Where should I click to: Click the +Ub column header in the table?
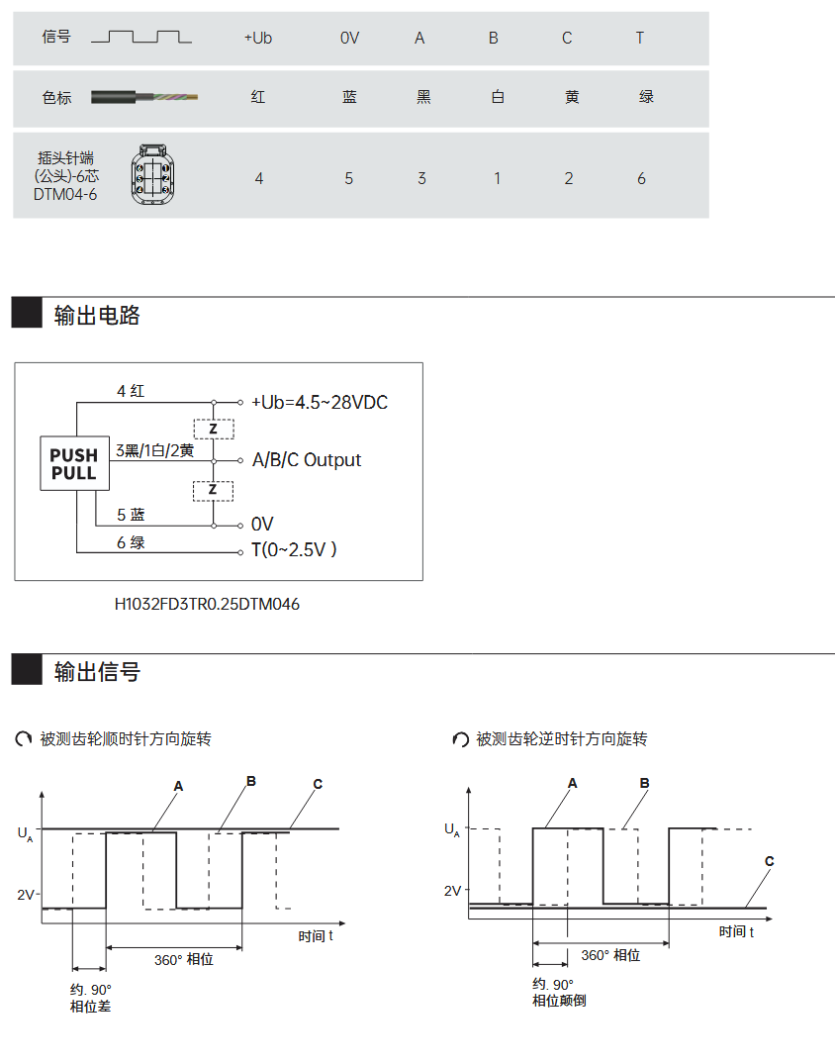point(257,39)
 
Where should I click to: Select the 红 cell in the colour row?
point(258,97)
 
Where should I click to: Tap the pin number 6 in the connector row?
point(641,178)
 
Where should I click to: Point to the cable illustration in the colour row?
point(144,97)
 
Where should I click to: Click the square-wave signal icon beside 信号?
point(140,38)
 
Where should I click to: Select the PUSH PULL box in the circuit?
point(74,463)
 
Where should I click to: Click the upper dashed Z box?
point(213,429)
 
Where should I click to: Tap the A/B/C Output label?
point(307,460)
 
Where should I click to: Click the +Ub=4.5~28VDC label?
point(319,403)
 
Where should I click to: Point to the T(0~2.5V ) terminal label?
point(294,550)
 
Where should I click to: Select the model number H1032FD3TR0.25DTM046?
point(207,604)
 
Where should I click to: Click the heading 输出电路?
point(97,316)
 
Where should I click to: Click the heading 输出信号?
point(97,672)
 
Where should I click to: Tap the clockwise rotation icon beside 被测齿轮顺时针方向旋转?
point(24,739)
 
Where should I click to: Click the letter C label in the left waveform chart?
point(318,784)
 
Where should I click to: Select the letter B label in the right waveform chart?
point(644,783)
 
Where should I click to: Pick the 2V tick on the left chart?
point(26,895)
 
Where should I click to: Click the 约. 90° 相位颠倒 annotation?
point(559,993)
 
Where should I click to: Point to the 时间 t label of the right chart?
point(736,931)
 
